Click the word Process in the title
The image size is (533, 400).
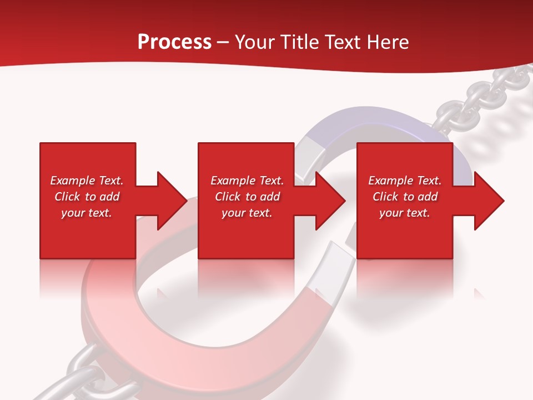[x=174, y=42]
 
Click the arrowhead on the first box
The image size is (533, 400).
[x=172, y=201]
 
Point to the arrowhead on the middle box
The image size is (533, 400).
[x=330, y=201]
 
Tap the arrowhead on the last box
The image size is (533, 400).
[x=489, y=201]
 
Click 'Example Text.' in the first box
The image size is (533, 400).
[x=87, y=181]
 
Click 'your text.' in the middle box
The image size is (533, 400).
[x=247, y=213]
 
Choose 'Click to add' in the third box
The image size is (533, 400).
[x=405, y=197]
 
